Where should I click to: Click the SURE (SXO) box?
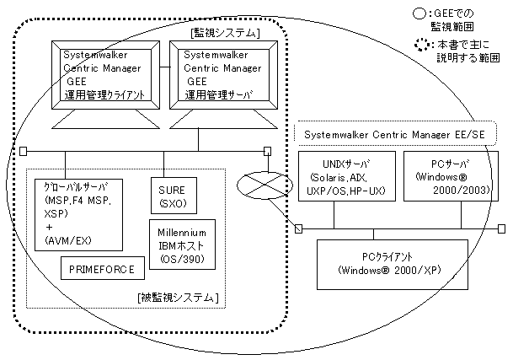174,196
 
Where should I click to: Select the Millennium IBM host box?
182,244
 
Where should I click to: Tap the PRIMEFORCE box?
103,268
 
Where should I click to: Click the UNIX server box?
347,176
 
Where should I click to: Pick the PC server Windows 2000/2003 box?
451,176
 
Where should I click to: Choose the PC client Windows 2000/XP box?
393,265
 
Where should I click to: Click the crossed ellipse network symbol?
265,185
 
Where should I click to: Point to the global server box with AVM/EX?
78,215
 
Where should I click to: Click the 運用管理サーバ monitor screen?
223,75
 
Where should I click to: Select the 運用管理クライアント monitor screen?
105,75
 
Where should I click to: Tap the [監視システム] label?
225,33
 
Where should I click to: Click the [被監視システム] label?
178,298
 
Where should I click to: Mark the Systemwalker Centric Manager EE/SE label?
394,134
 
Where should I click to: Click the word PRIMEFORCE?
102,269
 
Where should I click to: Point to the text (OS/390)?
182,259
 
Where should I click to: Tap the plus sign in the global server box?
49,227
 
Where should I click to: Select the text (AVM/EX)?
67,241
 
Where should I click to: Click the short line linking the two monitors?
165,67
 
